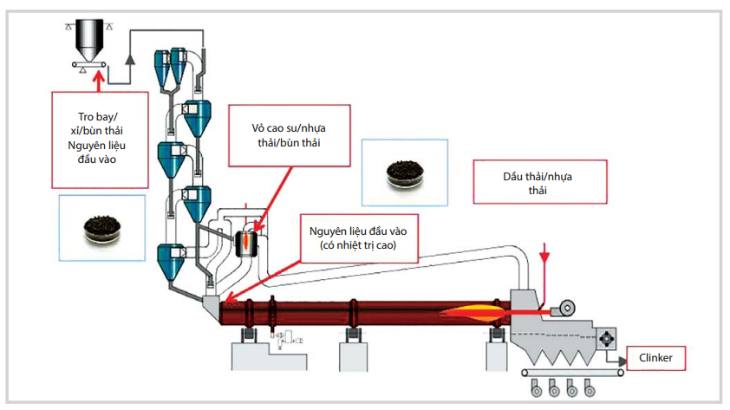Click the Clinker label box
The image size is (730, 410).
point(656,356)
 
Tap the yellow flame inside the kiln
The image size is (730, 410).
point(473,311)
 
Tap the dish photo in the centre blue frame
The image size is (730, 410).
point(404,172)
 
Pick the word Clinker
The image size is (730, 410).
point(656,356)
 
